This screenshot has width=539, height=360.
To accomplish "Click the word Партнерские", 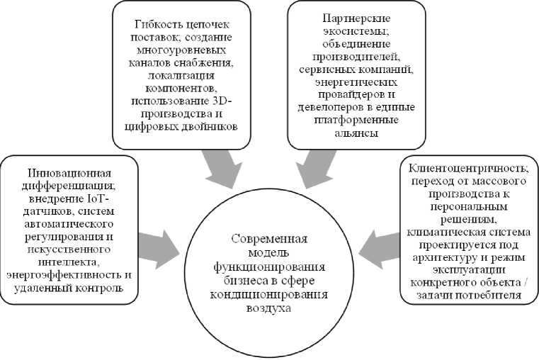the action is pyautogui.click(x=357, y=18).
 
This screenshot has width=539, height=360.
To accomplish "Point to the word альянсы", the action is pyautogui.click(x=356, y=133).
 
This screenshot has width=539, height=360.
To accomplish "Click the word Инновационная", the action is pyautogui.click(x=69, y=173).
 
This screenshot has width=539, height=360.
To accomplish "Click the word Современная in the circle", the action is pyautogui.click(x=269, y=239).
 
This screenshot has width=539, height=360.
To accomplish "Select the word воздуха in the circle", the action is pyautogui.click(x=269, y=308).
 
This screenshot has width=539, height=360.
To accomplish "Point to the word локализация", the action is pyautogui.click(x=182, y=76).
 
